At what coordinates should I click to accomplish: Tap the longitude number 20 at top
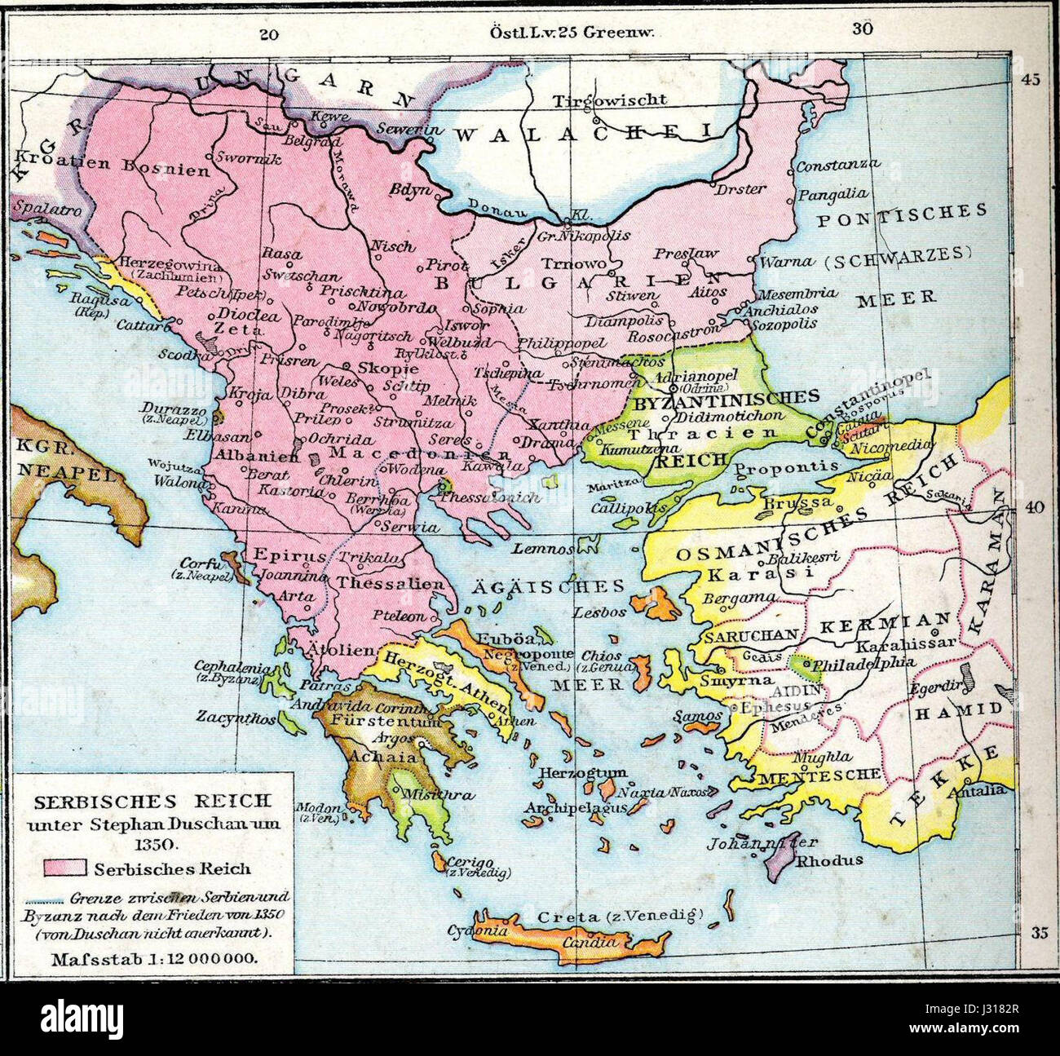270,34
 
